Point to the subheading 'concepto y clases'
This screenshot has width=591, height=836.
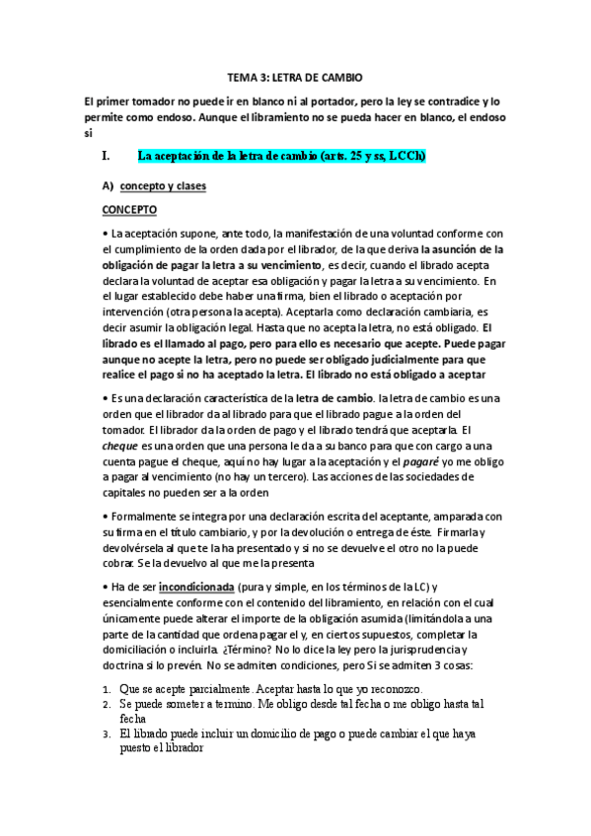coord(163,184)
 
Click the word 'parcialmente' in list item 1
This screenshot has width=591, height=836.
coord(209,687)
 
